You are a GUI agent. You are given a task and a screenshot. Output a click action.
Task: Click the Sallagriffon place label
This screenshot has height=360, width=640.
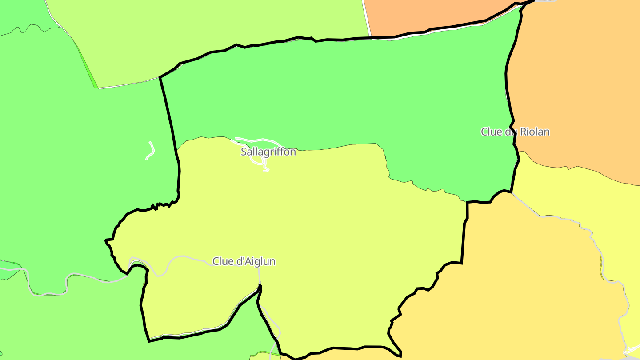[x=268, y=152]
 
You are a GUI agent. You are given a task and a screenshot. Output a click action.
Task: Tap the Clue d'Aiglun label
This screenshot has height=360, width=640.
[x=244, y=261]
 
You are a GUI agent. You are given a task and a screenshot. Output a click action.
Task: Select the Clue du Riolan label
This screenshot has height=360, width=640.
[x=515, y=132]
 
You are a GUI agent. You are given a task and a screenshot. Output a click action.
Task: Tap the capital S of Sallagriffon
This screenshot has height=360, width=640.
[x=244, y=152]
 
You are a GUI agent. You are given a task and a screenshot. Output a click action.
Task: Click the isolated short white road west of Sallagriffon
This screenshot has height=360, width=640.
[x=151, y=151]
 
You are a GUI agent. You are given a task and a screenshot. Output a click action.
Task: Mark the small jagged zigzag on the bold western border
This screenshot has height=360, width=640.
[x=156, y=206]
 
